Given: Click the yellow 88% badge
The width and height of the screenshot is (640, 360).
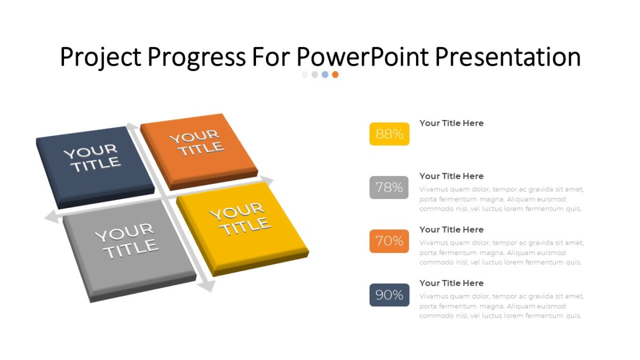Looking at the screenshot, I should [x=389, y=134].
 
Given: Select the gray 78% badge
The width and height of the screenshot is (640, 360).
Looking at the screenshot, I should [x=389, y=187].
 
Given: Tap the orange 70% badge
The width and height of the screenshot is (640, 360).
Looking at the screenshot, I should [x=389, y=241].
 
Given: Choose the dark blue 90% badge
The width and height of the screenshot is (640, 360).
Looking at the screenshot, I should [x=389, y=295].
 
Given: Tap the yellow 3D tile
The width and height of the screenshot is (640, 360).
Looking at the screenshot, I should [x=240, y=224].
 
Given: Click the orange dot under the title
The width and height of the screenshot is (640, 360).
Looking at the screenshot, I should [x=335, y=75].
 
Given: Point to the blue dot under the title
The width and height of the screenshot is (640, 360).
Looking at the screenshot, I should [x=325, y=75].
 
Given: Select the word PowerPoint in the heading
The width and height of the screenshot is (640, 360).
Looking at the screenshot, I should [x=363, y=57].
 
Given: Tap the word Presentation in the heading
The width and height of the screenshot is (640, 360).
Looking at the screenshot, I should [x=508, y=57].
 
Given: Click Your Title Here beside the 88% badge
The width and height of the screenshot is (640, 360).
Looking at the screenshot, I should [x=451, y=123].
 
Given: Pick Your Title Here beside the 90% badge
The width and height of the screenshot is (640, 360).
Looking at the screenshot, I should [x=451, y=283].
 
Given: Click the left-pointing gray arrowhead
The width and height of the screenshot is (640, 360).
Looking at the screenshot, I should [x=51, y=217].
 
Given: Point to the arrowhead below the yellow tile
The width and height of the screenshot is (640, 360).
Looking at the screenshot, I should [x=206, y=286].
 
